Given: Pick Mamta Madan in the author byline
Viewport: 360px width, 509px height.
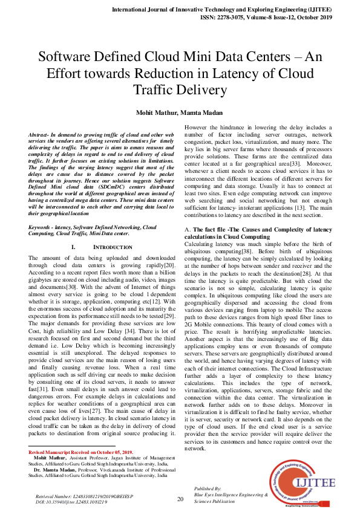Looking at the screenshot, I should coord(206,112).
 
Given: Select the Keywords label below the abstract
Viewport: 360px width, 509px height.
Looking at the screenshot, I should coord(42,227).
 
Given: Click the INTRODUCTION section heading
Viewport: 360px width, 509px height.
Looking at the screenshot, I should coord(106,247).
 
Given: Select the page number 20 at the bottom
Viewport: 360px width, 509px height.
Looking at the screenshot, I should coord(180,499).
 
